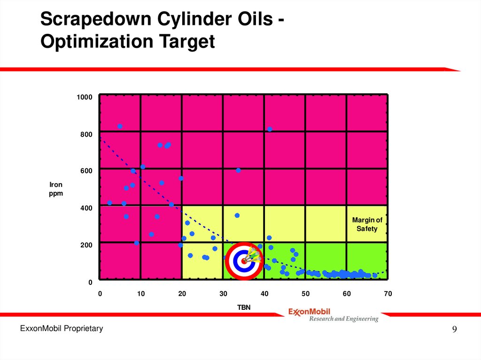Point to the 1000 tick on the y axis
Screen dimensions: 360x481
tap(85, 97)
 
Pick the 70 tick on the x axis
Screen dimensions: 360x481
tap(388, 294)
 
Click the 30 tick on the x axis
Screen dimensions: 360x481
tap(223, 294)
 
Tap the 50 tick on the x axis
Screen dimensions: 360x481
tap(305, 294)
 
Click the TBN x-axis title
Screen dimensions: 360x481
tap(243, 307)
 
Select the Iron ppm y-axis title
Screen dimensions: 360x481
tap(56, 189)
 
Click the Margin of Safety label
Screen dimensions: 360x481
tap(367, 224)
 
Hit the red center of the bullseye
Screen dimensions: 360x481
tap(243, 260)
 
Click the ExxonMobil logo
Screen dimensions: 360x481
tap(309, 311)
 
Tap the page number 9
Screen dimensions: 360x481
tap(454, 329)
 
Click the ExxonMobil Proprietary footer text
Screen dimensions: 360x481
tap(61, 329)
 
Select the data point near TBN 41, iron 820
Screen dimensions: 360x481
tap(270, 129)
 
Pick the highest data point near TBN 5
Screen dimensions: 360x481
tap(120, 126)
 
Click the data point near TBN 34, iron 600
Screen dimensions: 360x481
tap(238, 170)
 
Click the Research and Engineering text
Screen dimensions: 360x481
tap(343, 319)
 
